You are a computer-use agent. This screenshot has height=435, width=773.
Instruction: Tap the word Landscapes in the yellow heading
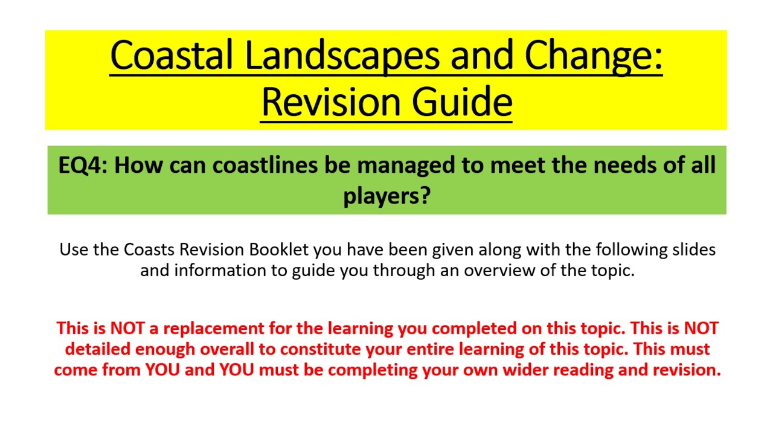[341, 56]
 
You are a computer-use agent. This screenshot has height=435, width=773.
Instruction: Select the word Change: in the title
[594, 56]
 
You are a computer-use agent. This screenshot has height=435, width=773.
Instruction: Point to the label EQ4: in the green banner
[82, 165]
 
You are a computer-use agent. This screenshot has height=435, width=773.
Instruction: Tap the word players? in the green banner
[386, 195]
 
